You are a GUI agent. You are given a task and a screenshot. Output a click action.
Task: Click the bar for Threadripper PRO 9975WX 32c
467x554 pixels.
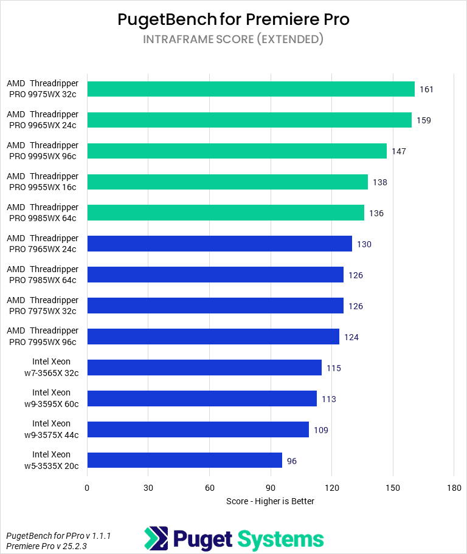[x=251, y=89]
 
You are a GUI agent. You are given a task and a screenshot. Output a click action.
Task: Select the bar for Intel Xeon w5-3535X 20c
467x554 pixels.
[x=184, y=460]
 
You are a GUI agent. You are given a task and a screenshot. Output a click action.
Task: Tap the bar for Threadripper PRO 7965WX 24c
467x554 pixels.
[x=220, y=244]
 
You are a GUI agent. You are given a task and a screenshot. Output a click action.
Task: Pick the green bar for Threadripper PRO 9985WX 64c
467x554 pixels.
[x=226, y=213]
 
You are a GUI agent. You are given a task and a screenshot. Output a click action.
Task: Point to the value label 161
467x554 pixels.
[x=426, y=89]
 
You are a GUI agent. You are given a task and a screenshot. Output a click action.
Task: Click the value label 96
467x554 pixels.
[x=292, y=461]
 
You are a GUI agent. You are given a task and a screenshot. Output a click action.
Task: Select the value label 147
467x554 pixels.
[x=399, y=151]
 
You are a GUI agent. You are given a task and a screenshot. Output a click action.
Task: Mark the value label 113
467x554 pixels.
[x=329, y=399]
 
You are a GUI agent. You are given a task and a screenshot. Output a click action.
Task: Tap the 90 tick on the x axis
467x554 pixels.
[x=271, y=488]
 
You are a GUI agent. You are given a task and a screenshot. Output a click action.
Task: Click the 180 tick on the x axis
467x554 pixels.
[x=454, y=488]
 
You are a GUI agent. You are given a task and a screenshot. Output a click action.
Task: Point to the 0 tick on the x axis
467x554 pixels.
[x=88, y=488]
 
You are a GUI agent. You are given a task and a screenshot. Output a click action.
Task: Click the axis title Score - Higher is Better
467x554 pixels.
[x=270, y=501]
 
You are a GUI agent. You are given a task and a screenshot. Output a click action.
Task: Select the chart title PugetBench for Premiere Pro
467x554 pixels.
[x=233, y=19]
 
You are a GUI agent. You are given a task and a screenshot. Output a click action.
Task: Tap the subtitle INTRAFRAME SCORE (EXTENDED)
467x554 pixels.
[x=233, y=39]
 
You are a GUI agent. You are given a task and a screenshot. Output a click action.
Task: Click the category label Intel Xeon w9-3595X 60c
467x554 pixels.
[x=51, y=398]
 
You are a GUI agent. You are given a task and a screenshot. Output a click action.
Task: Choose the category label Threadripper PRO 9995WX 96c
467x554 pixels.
[x=43, y=151]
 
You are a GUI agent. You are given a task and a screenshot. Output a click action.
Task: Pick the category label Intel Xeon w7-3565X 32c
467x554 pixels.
[x=51, y=367]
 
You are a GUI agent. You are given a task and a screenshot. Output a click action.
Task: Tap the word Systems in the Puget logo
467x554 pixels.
[x=280, y=539]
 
